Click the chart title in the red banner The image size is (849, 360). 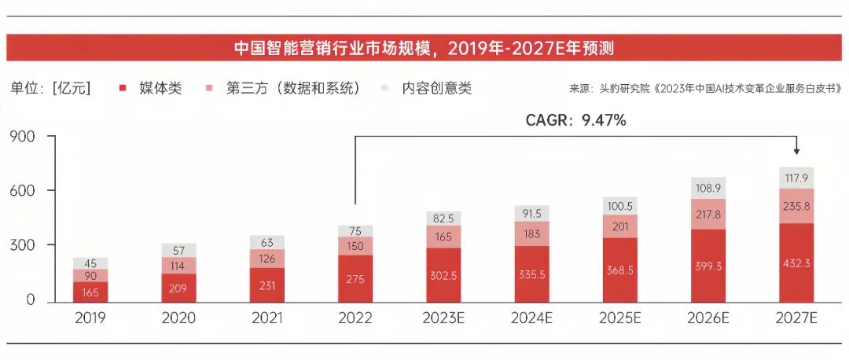tap(424, 48)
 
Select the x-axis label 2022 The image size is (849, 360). tap(355, 318)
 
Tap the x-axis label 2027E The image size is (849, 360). tap(797, 318)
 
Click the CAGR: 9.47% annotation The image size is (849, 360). tap(575, 120)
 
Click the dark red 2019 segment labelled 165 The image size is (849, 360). tap(90, 292)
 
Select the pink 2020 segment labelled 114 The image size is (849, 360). tap(179, 266)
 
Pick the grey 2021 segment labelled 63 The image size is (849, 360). tap(267, 242)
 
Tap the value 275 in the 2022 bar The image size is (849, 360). tap(355, 279)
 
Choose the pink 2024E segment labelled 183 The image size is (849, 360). tap(532, 233)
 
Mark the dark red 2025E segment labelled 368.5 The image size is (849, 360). tap(620, 270)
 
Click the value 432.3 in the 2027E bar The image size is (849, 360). tap(797, 263)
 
